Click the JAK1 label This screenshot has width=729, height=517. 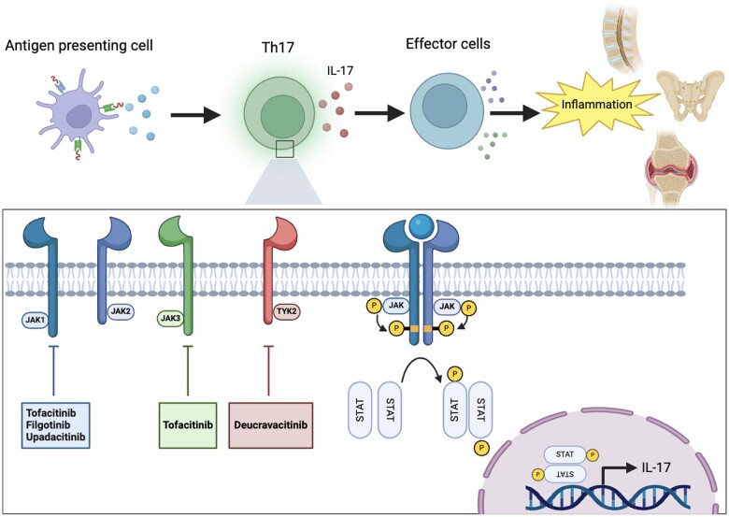[35, 320]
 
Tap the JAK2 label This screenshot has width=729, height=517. [121, 311]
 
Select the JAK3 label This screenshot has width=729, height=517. [170, 319]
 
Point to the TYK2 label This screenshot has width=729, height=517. [286, 311]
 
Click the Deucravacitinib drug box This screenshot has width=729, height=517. [271, 425]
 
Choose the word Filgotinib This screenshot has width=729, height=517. [49, 425]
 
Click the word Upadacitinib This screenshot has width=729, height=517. [56, 437]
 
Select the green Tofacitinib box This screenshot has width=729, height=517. [188, 425]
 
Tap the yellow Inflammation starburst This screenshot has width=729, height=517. [597, 104]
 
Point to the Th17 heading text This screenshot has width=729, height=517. [278, 47]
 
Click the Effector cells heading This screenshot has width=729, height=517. [448, 44]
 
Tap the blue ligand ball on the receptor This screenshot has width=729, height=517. [422, 225]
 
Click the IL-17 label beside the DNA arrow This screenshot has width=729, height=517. [655, 467]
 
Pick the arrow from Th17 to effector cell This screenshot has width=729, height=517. [379, 112]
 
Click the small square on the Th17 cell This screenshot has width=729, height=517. [284, 150]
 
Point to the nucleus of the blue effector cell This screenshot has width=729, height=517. [445, 107]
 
